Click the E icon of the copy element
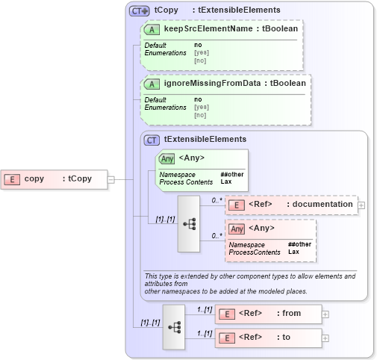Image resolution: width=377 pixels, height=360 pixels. click(13, 179)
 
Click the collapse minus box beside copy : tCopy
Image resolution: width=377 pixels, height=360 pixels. click(110, 179)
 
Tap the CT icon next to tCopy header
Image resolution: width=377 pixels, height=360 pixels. click(140, 10)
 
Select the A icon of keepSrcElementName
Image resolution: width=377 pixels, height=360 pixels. click(153, 29)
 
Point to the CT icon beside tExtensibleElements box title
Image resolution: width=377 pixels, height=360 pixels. click(152, 139)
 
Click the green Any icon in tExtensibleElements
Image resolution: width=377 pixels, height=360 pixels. click(166, 158)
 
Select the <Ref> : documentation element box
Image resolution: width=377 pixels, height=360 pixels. click(291, 204)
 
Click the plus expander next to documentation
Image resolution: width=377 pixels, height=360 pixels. click(361, 204)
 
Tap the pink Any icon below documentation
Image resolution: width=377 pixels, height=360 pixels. click(237, 229)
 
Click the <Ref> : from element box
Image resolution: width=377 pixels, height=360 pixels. click(268, 314)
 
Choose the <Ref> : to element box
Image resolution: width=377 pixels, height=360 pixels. click(268, 338)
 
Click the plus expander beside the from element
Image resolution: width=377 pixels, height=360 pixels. click(325, 314)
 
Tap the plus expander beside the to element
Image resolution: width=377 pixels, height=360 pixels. click(325, 338)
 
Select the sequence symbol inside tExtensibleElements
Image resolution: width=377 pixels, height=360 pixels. click(190, 223)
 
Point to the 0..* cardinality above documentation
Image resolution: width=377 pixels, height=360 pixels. click(216, 200)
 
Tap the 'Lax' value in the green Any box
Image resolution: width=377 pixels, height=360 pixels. click(225, 181)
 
